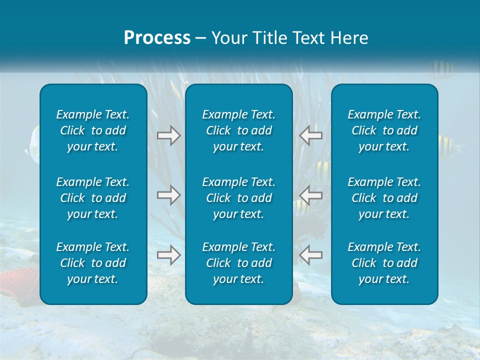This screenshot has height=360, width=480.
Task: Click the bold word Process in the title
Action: [157, 38]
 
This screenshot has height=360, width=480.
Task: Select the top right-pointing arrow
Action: [169, 135]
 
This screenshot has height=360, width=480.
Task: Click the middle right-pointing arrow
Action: [169, 194]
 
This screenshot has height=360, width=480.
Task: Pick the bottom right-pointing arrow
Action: [169, 255]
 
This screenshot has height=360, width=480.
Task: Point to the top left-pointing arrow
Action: [311, 135]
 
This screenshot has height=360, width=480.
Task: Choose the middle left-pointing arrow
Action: [311, 194]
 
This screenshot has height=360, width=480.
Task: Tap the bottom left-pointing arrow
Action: [311, 255]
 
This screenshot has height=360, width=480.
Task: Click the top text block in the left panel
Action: [93, 130]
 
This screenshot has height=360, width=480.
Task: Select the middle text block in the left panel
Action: [93, 198]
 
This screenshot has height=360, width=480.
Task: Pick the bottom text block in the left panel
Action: [93, 263]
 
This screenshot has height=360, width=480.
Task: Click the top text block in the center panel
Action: [238, 130]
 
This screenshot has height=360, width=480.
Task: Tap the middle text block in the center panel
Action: [238, 198]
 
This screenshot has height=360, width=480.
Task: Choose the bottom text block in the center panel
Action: [238, 263]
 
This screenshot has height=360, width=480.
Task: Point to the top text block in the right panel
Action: [384, 130]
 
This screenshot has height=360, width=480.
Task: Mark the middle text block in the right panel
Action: [384, 198]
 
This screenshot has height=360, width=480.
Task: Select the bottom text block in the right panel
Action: [384, 263]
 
